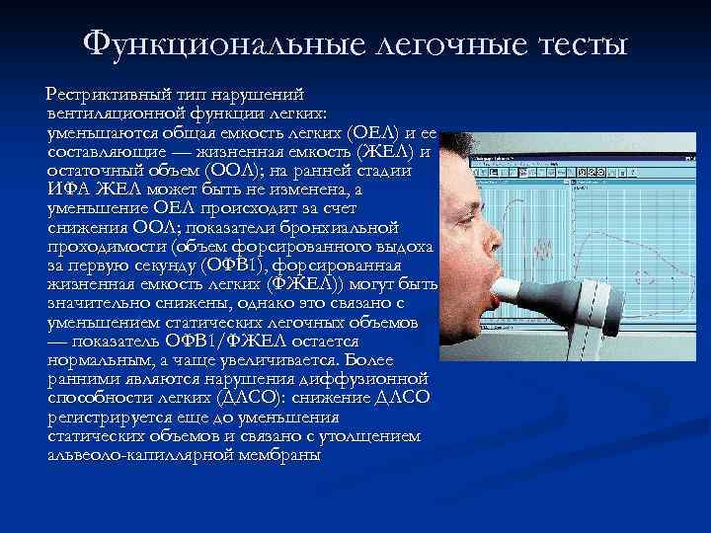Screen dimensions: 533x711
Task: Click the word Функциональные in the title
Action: [x=208, y=44]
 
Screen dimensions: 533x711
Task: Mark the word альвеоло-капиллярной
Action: [x=128, y=454]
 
